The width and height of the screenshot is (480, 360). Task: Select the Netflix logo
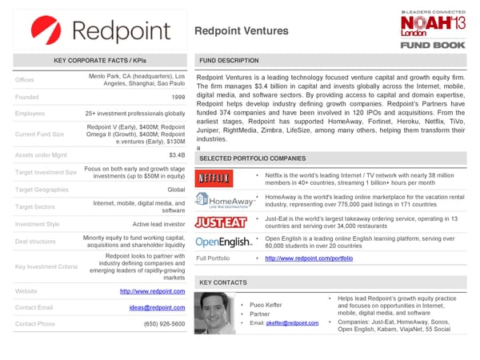point(214,178)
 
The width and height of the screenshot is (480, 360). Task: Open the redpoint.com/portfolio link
point(308,258)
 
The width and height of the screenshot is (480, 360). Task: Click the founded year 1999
point(178,97)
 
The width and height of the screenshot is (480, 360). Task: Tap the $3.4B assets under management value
point(177,154)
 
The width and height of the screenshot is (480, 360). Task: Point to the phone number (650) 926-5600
point(164,324)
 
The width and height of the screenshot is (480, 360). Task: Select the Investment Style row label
point(37,225)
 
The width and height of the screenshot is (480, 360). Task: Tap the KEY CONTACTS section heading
point(222,282)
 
